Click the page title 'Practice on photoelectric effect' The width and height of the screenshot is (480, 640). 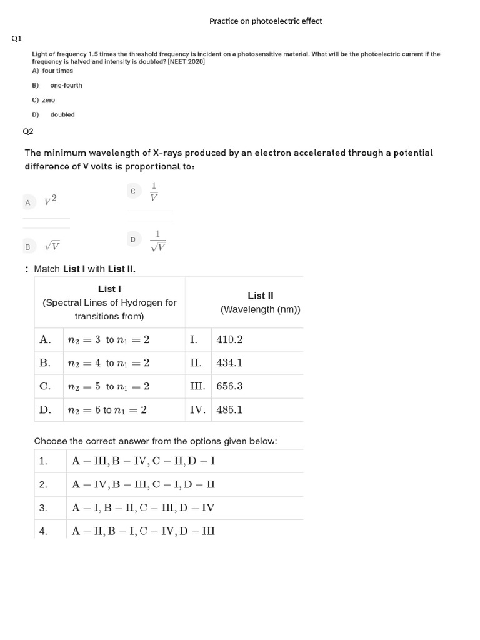pyautogui.click(x=266, y=21)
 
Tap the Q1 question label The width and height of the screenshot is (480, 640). pyautogui.click(x=17, y=39)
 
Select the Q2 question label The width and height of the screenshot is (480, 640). pyautogui.click(x=28, y=131)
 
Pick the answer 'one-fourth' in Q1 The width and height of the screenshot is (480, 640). pyautogui.click(x=66, y=85)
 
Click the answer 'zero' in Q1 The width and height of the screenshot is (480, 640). pyautogui.click(x=48, y=100)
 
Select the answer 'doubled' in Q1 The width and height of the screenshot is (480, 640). pyautogui.click(x=62, y=114)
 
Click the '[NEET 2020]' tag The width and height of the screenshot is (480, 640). pyautogui.click(x=186, y=62)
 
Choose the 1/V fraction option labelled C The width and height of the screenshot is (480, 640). pyautogui.click(x=154, y=192)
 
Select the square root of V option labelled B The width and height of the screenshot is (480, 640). pyautogui.click(x=52, y=246)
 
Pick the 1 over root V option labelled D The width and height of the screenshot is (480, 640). pyautogui.click(x=157, y=241)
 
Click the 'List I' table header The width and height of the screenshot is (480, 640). pyautogui.click(x=109, y=289)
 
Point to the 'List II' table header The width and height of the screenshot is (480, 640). pyautogui.click(x=260, y=296)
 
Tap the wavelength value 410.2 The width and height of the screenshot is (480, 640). pyautogui.click(x=229, y=340)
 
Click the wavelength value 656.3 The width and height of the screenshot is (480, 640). pyautogui.click(x=229, y=386)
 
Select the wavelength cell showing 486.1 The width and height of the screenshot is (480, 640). pyautogui.click(x=229, y=410)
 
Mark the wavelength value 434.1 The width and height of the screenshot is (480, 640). pyautogui.click(x=229, y=363)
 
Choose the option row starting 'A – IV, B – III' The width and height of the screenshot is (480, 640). pyautogui.click(x=144, y=484)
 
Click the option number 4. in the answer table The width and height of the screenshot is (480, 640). pyautogui.click(x=43, y=531)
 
